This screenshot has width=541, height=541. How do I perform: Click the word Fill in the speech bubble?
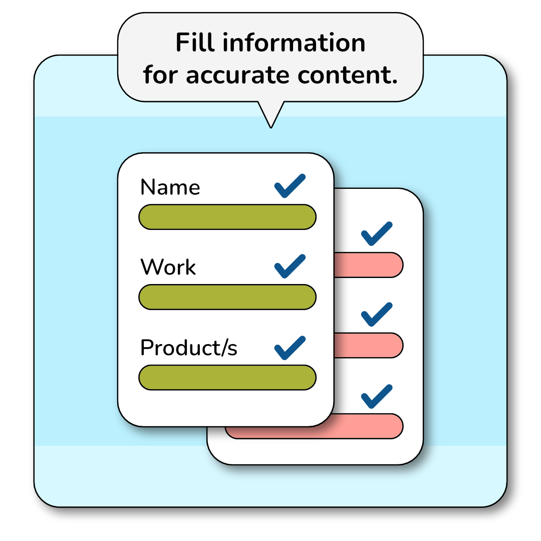click(x=196, y=43)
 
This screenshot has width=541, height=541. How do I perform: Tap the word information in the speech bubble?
click(x=294, y=43)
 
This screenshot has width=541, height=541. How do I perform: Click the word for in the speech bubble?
click(x=162, y=75)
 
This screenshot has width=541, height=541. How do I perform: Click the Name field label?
click(x=170, y=187)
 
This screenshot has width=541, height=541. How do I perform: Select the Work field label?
click(x=168, y=267)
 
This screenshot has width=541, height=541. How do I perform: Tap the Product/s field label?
click(x=188, y=348)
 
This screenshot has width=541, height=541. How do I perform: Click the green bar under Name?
click(x=227, y=217)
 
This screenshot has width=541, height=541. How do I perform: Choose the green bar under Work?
click(x=227, y=297)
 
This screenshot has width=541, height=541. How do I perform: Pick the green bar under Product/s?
click(x=227, y=377)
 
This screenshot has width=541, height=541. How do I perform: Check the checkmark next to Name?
click(x=290, y=186)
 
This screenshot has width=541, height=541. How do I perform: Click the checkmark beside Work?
click(x=290, y=266)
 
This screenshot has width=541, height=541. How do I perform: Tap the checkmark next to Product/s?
click(x=290, y=348)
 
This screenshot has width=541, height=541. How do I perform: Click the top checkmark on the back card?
click(x=376, y=233)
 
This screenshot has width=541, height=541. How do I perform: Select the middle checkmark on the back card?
click(x=376, y=314)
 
